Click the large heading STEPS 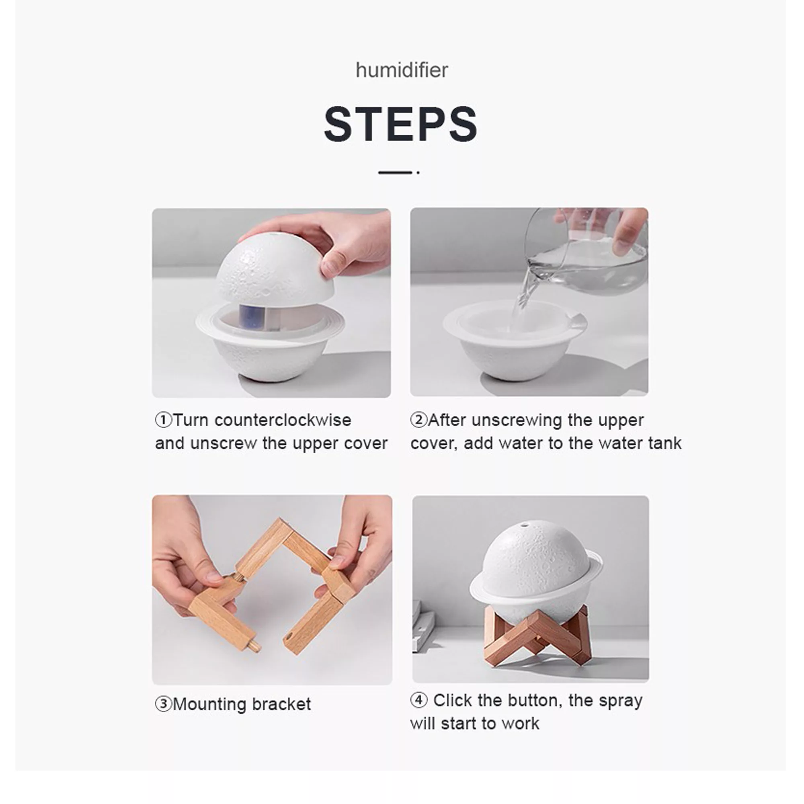pyautogui.click(x=401, y=123)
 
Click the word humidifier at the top pyautogui.click(x=402, y=70)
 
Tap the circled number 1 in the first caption pyautogui.click(x=164, y=420)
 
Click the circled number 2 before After pyautogui.click(x=418, y=420)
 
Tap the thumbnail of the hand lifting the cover pyautogui.click(x=271, y=303)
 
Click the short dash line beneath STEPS pyautogui.click(x=395, y=172)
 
